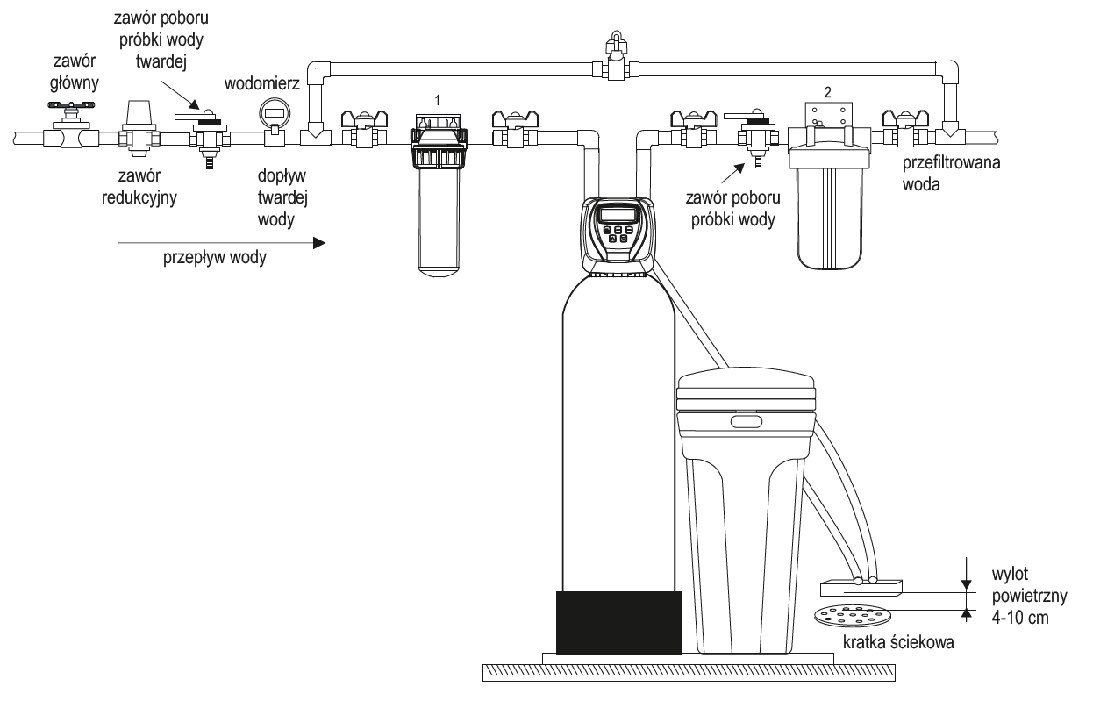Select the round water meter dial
click(273, 113)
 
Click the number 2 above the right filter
click(825, 90)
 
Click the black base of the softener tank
click(618, 621)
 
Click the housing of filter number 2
click(830, 211)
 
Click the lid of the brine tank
click(747, 387)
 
